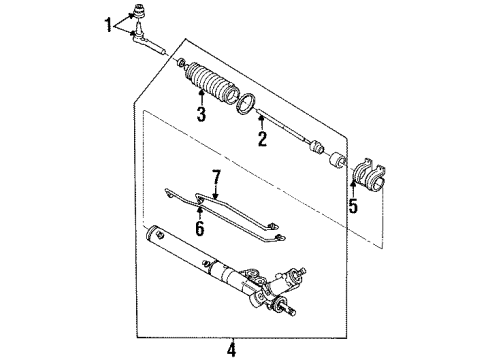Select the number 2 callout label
click(261, 141)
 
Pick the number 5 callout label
click(351, 208)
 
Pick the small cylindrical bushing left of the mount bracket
click(338, 161)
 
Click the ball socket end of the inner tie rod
click(317, 151)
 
